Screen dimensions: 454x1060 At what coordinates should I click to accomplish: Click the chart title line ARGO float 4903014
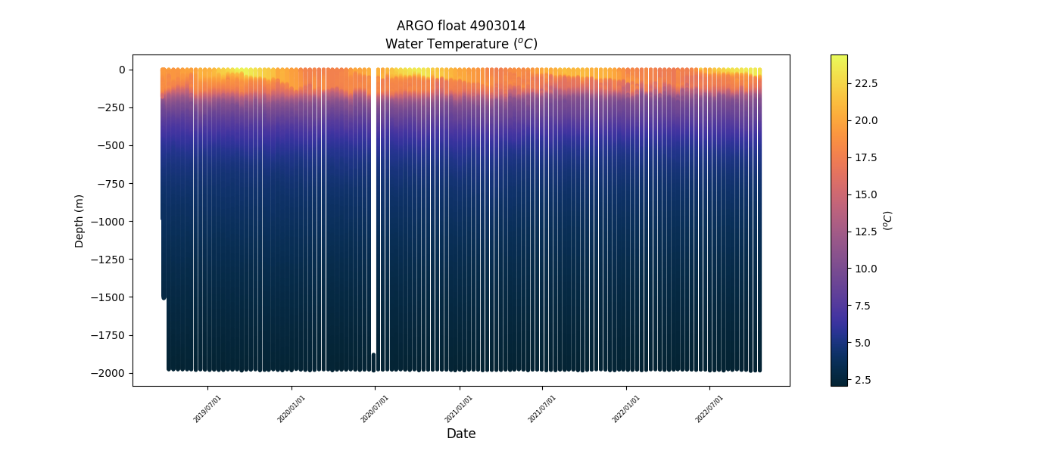click(460, 26)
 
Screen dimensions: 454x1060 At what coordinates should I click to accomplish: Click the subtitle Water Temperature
click(460, 44)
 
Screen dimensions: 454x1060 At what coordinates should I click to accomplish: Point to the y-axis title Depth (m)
click(79, 220)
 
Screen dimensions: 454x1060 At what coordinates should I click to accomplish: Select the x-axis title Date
click(460, 434)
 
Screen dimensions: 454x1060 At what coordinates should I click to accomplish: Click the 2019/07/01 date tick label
click(207, 409)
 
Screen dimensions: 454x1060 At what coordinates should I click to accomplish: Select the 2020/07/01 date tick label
click(374, 409)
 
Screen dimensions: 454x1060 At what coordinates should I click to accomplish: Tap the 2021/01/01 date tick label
click(458, 409)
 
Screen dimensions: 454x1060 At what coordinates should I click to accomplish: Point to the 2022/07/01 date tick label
click(709, 409)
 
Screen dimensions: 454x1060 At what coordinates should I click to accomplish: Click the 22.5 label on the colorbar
click(865, 83)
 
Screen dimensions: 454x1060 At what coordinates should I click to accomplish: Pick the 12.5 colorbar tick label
click(865, 232)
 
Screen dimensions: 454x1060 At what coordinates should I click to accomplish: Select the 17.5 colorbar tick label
click(865, 157)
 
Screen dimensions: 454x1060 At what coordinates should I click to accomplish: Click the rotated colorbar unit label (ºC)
click(888, 220)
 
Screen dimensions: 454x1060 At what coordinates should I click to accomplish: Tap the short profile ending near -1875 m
click(373, 362)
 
